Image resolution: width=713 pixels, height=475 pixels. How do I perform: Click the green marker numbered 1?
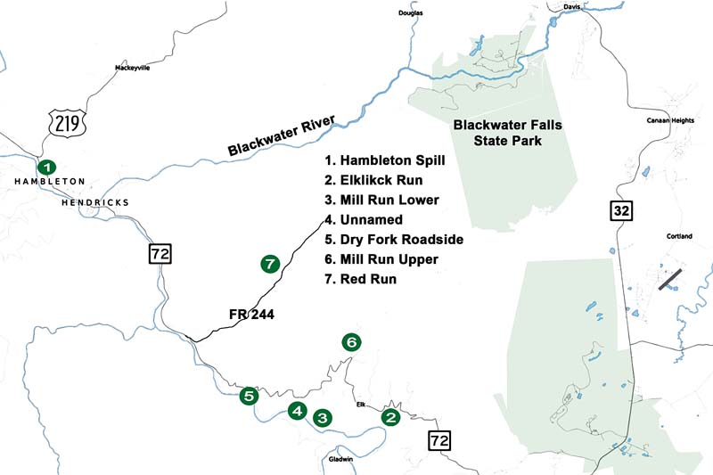[46, 167]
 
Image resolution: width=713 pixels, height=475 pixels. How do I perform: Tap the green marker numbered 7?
[271, 264]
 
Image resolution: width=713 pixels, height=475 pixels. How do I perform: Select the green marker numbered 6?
[352, 342]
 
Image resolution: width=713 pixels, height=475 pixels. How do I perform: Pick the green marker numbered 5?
[249, 397]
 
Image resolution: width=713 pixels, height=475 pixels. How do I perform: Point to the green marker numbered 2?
[389, 416]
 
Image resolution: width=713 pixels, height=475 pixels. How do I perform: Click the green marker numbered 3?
[322, 417]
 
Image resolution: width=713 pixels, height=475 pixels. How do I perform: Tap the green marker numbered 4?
[298, 411]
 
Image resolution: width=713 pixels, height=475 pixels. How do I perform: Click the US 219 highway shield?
[67, 122]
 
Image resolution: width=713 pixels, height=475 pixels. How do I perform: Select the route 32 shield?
[621, 211]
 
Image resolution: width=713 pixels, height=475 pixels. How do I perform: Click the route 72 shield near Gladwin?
[438, 439]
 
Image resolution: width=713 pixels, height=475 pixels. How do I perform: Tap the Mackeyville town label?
[135, 68]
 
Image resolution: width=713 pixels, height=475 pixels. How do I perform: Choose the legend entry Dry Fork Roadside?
[394, 240]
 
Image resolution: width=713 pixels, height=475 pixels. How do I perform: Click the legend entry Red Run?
[361, 279]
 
